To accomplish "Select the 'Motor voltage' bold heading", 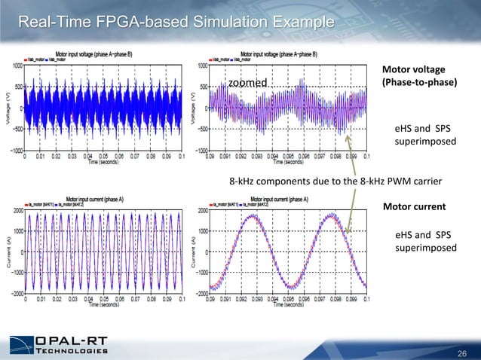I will (413, 69).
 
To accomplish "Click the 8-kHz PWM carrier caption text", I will (328, 181).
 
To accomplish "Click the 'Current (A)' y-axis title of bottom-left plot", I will (6, 253).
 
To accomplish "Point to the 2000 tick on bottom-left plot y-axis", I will (15, 211).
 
